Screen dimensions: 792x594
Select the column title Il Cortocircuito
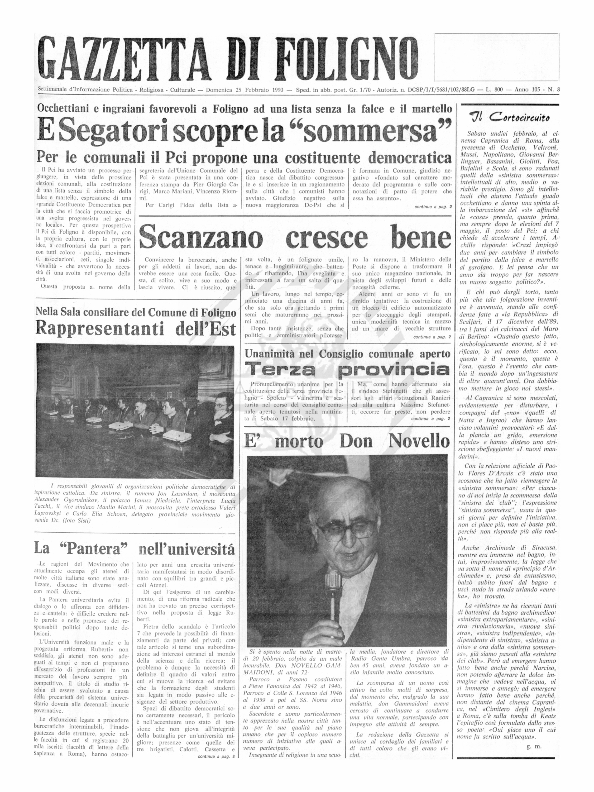pos(509,117)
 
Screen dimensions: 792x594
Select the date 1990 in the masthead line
pos(278,90)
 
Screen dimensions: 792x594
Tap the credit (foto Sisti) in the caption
pos(77,521)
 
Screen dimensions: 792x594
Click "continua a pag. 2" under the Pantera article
pos(216,757)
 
